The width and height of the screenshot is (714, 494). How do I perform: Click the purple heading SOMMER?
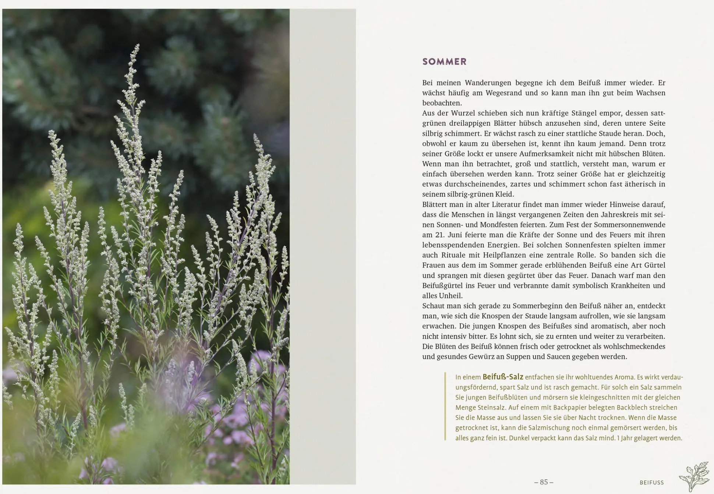[444, 62]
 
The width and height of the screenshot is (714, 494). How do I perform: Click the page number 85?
[544, 482]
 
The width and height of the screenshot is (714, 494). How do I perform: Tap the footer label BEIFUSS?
[651, 482]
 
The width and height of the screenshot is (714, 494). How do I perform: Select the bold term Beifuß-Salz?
[503, 377]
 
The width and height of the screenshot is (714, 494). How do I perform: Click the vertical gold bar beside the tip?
[445, 406]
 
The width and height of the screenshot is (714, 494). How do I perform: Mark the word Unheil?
[450, 295]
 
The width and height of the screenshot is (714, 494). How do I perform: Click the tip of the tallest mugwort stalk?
[137, 45]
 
